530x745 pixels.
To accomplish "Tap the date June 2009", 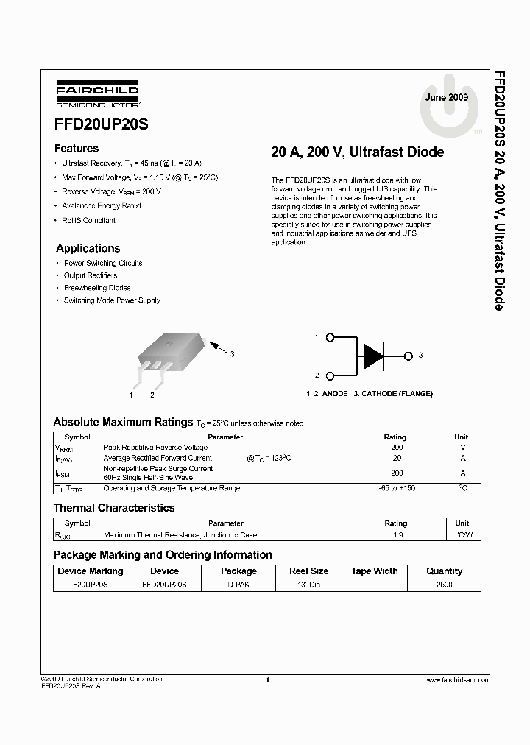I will pyautogui.click(x=446, y=97).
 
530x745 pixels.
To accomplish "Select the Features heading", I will pyautogui.click(x=77, y=148).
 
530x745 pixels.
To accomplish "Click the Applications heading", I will pyautogui.click(x=88, y=248).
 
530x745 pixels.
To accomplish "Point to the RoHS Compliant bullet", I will pyautogui.click(x=88, y=220).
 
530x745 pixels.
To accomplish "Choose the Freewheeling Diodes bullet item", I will pyautogui.click(x=97, y=288).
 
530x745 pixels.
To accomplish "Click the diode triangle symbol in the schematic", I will pyautogui.click(x=372, y=356).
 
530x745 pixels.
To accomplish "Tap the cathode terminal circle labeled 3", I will pyautogui.click(x=409, y=356).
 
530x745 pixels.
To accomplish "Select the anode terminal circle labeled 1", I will pyautogui.click(x=331, y=337).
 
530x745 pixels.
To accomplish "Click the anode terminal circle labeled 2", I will pyautogui.click(x=331, y=375).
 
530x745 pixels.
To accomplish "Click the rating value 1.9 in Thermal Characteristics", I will pyautogui.click(x=397, y=535).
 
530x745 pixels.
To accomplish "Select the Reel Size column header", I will pyautogui.click(x=308, y=571).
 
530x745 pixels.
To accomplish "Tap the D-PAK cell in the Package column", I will pyautogui.click(x=239, y=585).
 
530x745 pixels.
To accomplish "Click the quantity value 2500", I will pyautogui.click(x=444, y=585).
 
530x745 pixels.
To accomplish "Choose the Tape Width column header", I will pyautogui.click(x=374, y=571).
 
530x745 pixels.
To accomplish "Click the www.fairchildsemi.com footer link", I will pyautogui.click(x=457, y=681).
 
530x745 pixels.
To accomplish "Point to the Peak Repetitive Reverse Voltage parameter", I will pyautogui.click(x=155, y=448).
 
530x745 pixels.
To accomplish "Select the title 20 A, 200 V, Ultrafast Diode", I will pyautogui.click(x=357, y=152).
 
